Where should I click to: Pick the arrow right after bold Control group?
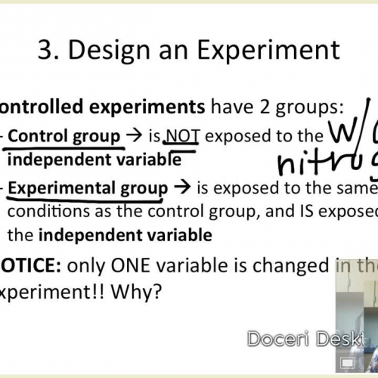pyautogui.click(x=134, y=137)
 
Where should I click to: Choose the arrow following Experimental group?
pyautogui.click(x=183, y=187)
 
